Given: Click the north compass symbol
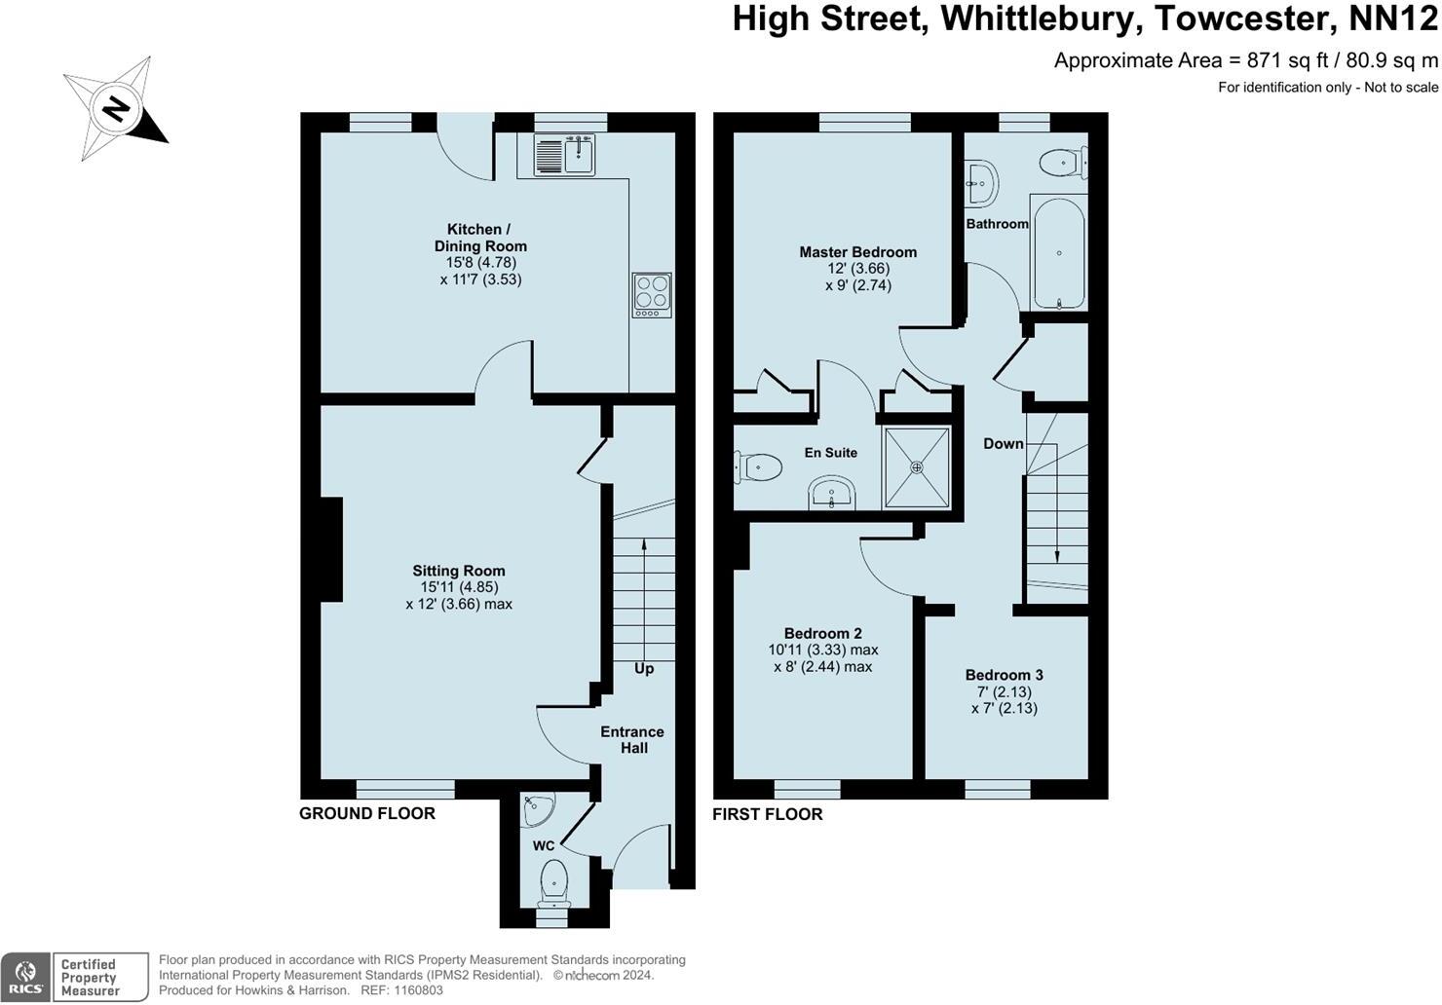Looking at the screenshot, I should [115, 108].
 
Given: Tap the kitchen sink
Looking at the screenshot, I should [565, 155].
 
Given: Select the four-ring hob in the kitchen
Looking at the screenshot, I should [652, 294].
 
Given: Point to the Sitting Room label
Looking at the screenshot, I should [459, 572].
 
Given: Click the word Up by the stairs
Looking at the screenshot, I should [644, 669].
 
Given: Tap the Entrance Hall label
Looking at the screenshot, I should [632, 740].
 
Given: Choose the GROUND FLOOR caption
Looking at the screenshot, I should [367, 814].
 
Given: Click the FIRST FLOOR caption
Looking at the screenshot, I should [768, 814].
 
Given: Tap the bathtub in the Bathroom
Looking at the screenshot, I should [1058, 253].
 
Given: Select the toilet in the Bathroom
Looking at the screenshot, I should [1061, 163].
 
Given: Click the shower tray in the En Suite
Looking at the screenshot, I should [916, 467].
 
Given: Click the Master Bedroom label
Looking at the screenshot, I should [857, 252].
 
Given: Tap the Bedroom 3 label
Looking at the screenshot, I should [1005, 675].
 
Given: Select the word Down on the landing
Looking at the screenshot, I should [1003, 444].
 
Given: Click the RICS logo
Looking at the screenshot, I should [25, 978].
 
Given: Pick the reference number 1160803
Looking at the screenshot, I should [416, 990].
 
